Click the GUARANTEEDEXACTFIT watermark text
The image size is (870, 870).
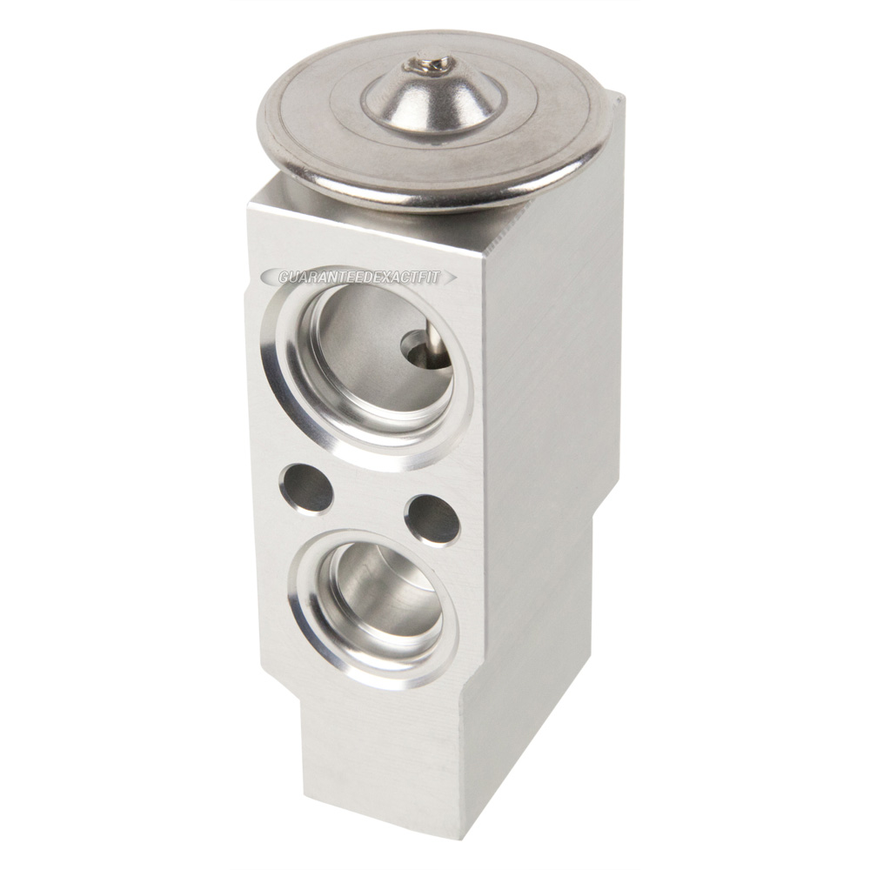[x=359, y=278]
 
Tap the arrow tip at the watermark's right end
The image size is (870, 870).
[x=458, y=276]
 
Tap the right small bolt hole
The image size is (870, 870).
[x=432, y=520]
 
